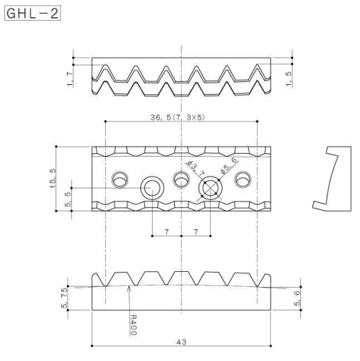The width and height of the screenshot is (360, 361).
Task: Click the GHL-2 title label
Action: (x=32, y=13)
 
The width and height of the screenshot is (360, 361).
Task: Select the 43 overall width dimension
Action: (x=181, y=342)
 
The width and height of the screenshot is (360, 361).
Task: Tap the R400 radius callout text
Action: (x=133, y=324)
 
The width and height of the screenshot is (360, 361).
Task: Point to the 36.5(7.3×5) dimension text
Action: (x=178, y=117)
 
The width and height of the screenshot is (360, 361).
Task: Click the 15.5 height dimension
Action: (x=53, y=178)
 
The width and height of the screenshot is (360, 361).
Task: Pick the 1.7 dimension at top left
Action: (x=70, y=79)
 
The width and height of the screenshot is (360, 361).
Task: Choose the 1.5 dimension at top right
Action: (x=289, y=78)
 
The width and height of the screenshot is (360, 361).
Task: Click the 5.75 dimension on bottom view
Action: (x=64, y=298)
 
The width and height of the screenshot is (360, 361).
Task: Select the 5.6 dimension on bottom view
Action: (x=297, y=298)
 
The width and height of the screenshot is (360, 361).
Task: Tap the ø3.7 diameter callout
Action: (x=196, y=168)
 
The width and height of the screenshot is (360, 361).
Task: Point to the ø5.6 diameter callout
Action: (x=229, y=165)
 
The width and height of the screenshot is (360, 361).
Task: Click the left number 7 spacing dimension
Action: (x=167, y=232)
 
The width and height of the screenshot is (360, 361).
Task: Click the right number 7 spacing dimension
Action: (x=196, y=232)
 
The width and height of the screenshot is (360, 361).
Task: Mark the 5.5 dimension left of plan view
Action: (x=68, y=199)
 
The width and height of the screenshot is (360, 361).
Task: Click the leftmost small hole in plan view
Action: (x=120, y=179)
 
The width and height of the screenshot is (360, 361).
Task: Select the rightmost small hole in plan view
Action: (x=243, y=179)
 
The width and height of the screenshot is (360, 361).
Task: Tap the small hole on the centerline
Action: (x=181, y=179)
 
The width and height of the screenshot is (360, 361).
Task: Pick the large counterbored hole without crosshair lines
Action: (x=152, y=188)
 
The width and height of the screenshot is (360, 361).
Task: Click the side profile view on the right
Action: (x=332, y=178)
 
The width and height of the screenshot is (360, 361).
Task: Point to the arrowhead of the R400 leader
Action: (x=129, y=287)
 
